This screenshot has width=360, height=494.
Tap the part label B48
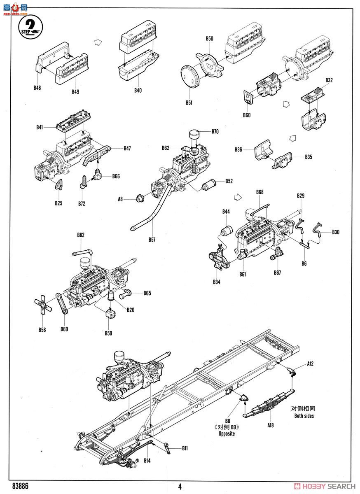[38, 87]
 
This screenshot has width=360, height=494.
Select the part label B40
[138, 90]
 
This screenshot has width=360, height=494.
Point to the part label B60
[246, 115]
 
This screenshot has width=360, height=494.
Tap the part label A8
[120, 199]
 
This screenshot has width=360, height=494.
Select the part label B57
[152, 239]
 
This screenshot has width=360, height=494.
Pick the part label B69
[64, 329]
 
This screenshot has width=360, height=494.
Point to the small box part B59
[109, 314]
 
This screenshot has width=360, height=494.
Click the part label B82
[80, 235]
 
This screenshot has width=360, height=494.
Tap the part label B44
[226, 212]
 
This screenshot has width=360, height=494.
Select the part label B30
[336, 232]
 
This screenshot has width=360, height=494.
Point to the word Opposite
[227, 434]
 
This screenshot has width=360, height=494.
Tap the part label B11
[185, 448]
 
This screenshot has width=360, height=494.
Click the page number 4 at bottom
[180, 486]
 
